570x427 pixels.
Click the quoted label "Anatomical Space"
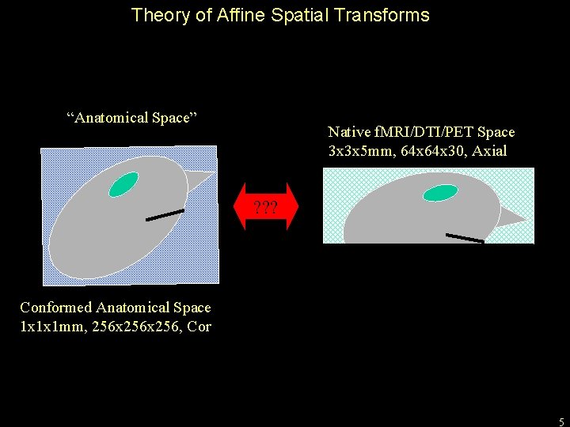point(131,118)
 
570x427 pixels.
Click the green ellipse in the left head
point(123,183)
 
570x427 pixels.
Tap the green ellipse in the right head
point(440,193)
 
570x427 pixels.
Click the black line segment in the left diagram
point(165,214)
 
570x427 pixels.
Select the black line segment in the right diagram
point(465,237)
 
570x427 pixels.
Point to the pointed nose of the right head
point(513,217)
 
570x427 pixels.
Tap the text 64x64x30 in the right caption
point(425,150)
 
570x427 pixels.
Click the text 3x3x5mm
point(357,150)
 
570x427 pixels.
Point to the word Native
point(349,132)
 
